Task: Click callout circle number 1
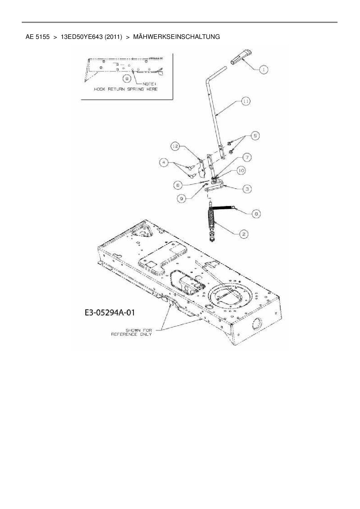click(263, 70)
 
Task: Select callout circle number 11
click(246, 101)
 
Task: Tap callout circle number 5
click(255, 136)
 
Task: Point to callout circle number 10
click(241, 171)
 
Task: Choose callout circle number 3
click(247, 189)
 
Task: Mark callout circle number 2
click(243, 234)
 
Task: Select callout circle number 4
click(164, 163)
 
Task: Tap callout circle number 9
click(182, 198)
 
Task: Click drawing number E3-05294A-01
click(110, 313)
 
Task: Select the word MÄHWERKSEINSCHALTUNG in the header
click(176, 37)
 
